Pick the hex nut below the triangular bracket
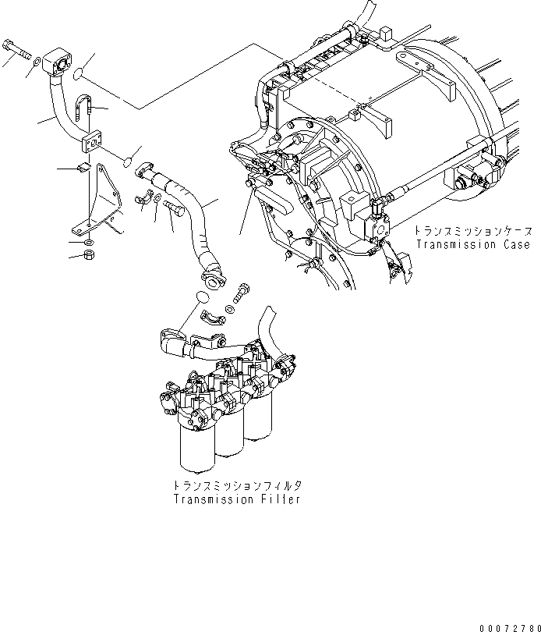[88, 255]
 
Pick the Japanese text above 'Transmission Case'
[473, 232]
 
